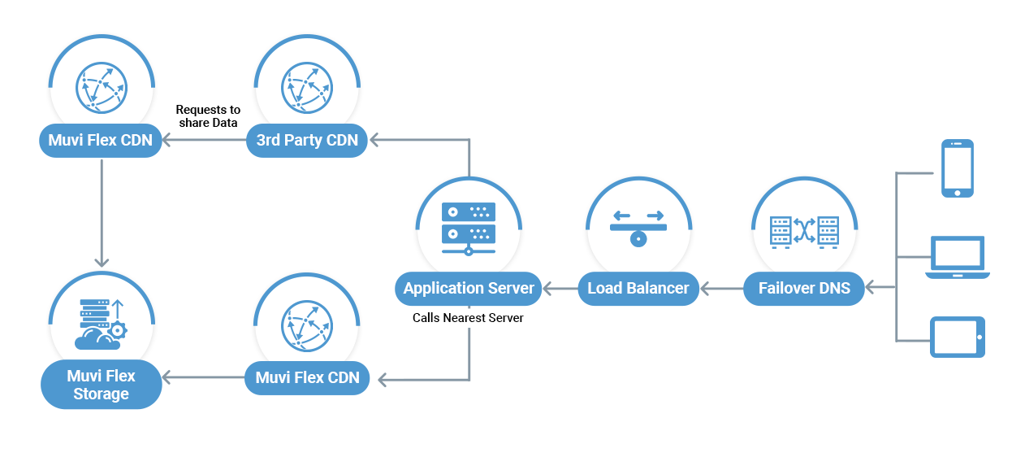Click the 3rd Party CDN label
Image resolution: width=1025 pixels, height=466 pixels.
pyautogui.click(x=307, y=140)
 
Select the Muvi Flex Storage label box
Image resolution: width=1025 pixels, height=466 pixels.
pyautogui.click(x=101, y=385)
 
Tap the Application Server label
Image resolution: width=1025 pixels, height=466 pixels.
pyautogui.click(x=469, y=289)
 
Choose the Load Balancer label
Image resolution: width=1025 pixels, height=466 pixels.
pyautogui.click(x=638, y=289)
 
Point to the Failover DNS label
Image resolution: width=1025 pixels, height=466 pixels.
pyautogui.click(x=804, y=289)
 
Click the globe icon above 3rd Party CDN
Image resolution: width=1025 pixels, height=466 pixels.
pyautogui.click(x=307, y=85)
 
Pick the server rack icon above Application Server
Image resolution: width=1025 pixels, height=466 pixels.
pyautogui.click(x=469, y=227)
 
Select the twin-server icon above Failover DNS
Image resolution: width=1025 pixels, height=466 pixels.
pyautogui.click(x=804, y=230)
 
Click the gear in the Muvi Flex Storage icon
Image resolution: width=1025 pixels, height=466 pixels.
pyautogui.click(x=119, y=329)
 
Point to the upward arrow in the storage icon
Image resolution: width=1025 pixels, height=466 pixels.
pyautogui.click(x=117, y=309)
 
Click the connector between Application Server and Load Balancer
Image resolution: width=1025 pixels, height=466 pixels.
pyautogui.click(x=560, y=289)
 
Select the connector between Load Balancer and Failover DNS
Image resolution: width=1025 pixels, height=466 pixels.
pyautogui.click(x=721, y=289)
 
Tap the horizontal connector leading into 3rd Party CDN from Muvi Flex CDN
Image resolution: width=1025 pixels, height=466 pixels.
pyautogui.click(x=204, y=141)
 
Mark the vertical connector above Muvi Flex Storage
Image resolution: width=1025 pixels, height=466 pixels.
pyautogui.click(x=102, y=211)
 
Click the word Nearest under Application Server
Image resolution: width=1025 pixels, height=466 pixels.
pyautogui.click(x=469, y=318)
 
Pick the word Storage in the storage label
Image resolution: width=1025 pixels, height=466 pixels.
pyautogui.click(x=101, y=394)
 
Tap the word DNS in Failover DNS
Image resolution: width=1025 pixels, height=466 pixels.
pyautogui.click(x=834, y=289)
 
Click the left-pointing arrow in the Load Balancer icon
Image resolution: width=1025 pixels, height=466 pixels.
pyautogui.click(x=622, y=216)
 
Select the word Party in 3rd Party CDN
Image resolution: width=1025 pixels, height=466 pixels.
pyautogui.click(x=304, y=140)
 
